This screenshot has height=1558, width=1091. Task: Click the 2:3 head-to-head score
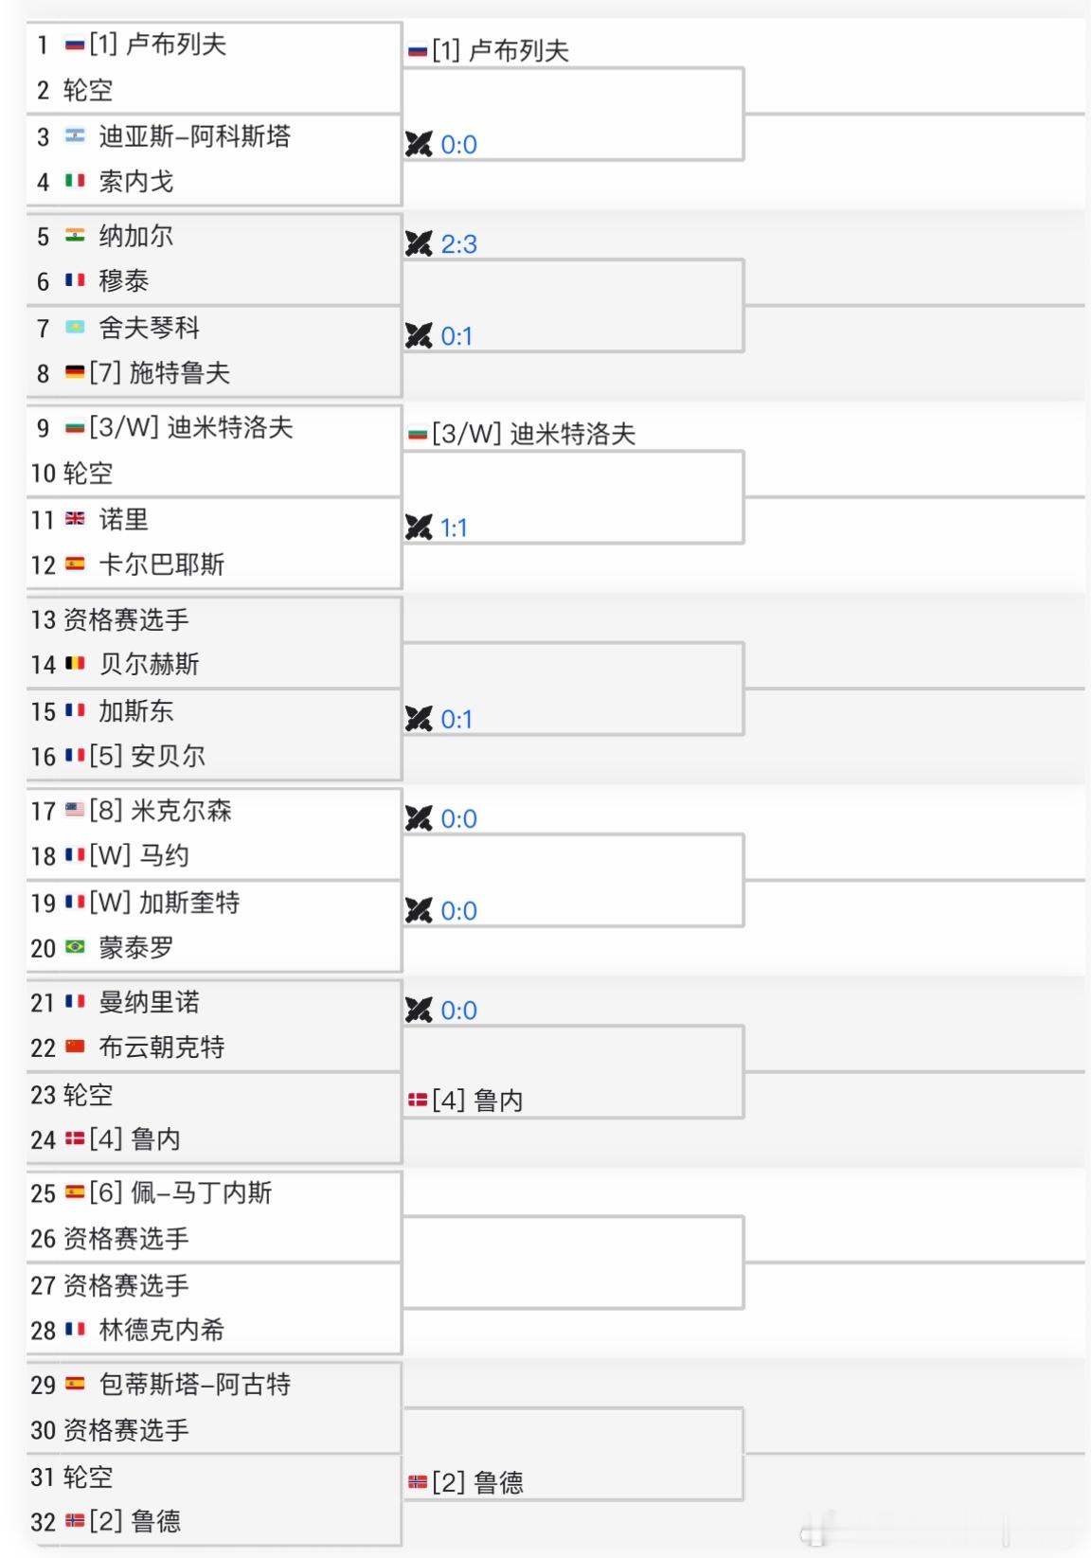pos(458,244)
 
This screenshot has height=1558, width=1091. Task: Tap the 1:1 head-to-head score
pos(454,528)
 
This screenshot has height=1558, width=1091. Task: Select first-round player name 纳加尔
pos(136,236)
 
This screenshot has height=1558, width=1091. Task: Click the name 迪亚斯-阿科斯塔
pos(194,136)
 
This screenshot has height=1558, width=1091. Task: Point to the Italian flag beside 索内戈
pos(75,181)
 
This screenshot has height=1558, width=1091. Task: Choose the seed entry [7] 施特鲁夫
pos(159,373)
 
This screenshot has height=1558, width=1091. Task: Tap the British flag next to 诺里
pos(75,519)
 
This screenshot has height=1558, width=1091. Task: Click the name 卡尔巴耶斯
pos(161,565)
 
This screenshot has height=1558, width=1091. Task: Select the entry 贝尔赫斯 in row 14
pos(149,664)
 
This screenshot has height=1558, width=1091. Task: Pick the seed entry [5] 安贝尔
pos(147,756)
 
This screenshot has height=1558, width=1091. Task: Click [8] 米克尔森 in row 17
pos(160,811)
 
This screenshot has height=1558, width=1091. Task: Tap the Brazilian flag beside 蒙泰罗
pos(75,947)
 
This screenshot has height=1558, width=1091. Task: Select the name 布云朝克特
pos(161,1048)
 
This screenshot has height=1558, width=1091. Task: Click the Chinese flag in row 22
pos(75,1048)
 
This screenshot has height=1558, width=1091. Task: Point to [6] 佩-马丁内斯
pos(180,1193)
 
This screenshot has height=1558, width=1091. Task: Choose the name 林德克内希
pos(161,1330)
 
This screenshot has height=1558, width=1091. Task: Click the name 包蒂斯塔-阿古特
pos(194,1385)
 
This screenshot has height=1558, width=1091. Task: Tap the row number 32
pos(44,1522)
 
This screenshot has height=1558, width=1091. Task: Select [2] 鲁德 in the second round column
pos(477,1482)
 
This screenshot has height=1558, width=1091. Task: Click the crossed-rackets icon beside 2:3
pos(418,243)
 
